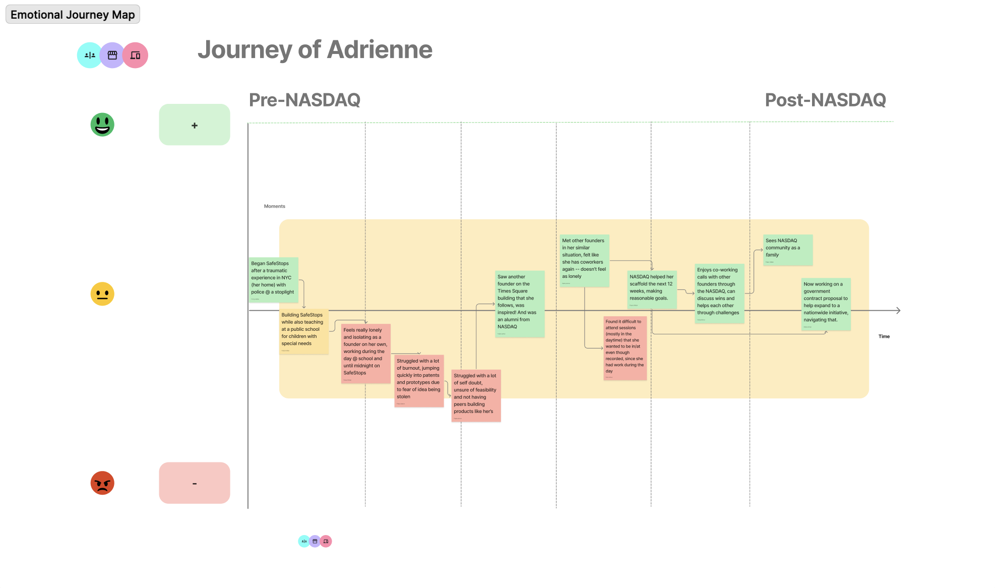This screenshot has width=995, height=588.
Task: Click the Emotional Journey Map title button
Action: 73,15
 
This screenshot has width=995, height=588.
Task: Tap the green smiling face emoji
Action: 102,125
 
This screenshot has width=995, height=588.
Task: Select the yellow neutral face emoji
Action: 102,294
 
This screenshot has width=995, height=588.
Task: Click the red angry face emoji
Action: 102,483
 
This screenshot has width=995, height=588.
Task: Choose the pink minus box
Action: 195,483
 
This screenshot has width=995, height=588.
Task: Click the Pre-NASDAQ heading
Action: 304,100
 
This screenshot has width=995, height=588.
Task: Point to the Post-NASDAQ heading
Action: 825,100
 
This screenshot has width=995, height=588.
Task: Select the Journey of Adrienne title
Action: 315,50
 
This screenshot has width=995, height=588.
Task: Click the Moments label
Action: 274,206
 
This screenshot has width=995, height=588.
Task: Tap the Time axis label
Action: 884,336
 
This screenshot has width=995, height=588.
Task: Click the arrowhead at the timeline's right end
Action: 898,311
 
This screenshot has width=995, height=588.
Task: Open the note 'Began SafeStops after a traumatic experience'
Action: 273,280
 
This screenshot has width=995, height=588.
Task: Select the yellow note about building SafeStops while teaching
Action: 304,331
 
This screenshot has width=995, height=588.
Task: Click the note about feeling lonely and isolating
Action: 365,353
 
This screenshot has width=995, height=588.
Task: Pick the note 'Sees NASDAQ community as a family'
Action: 787,250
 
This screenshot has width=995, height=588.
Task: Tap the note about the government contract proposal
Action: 826,304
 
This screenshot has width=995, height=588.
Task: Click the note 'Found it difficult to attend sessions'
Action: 625,348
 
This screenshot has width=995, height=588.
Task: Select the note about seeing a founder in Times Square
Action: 520,304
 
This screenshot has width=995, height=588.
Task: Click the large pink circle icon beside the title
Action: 135,55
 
